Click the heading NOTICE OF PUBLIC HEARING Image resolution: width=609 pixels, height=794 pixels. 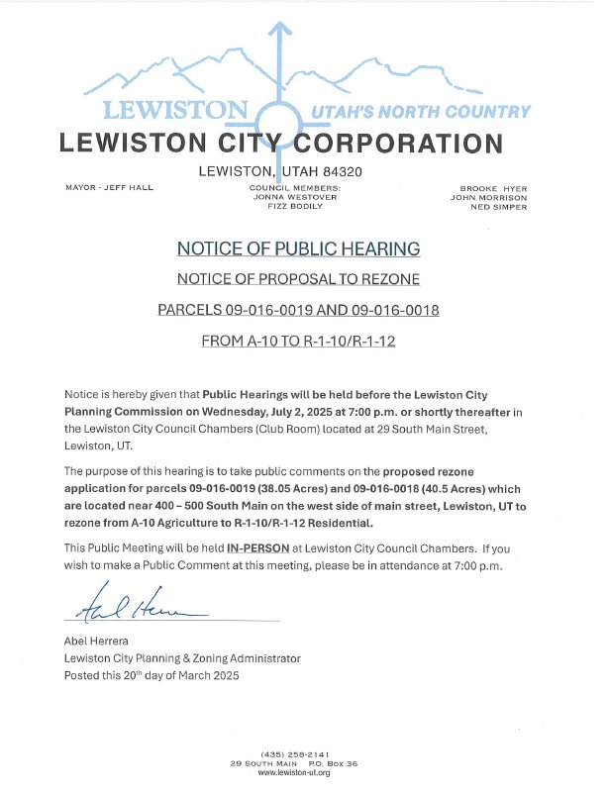tap(298, 248)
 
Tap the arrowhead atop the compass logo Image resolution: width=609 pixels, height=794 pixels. tap(281, 31)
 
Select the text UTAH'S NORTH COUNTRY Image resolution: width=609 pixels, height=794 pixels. tap(420, 112)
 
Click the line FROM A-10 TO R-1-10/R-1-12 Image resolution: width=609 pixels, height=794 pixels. tap(298, 341)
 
